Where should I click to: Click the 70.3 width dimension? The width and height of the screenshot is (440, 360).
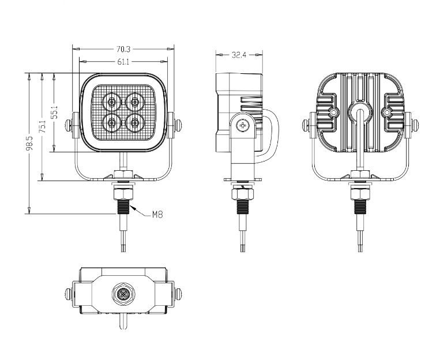[123, 50]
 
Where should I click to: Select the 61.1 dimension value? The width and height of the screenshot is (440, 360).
[123, 62]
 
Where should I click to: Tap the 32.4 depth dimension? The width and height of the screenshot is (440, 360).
[239, 55]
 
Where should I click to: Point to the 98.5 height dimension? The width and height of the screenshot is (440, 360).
[29, 143]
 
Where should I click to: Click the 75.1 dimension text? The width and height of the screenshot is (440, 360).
[42, 126]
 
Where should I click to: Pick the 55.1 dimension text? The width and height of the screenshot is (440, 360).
[54, 112]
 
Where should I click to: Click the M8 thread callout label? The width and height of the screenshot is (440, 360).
[157, 215]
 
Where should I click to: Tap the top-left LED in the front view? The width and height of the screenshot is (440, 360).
[112, 102]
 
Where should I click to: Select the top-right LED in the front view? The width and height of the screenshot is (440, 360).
[135, 102]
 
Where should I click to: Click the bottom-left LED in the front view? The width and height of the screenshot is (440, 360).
[112, 123]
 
